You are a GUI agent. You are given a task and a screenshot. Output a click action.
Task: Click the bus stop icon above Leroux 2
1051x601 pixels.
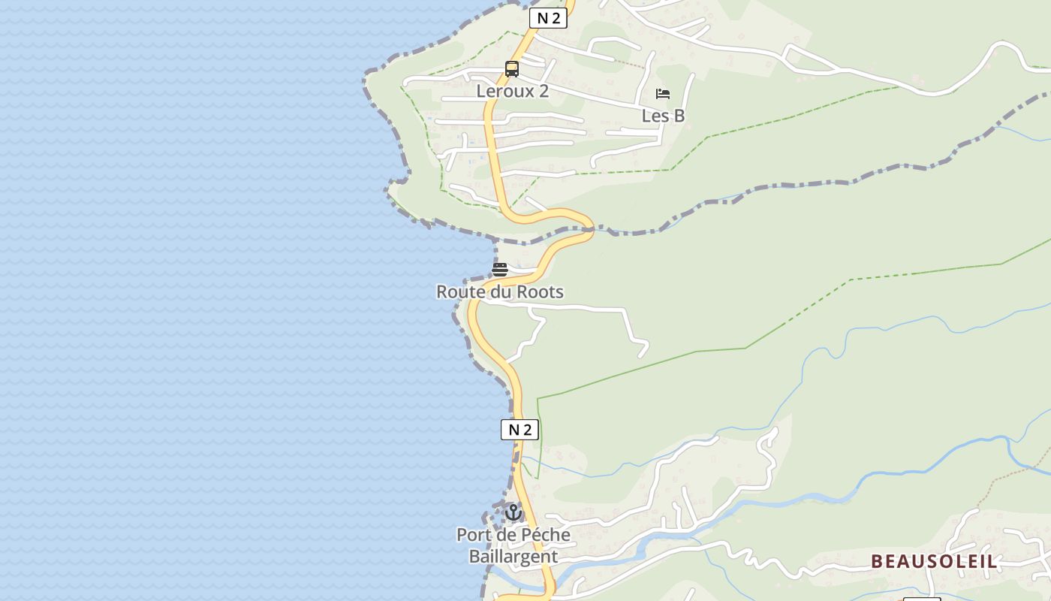click(x=512, y=69)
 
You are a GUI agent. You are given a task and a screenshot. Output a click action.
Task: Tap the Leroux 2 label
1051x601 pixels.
click(x=513, y=92)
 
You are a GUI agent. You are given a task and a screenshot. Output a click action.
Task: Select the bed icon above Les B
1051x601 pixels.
click(x=663, y=94)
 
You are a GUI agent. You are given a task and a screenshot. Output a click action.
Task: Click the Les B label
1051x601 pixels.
click(x=663, y=116)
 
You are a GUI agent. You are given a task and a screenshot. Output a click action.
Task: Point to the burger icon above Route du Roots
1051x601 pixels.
click(x=500, y=269)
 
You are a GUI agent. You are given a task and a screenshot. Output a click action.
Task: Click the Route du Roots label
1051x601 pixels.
click(x=500, y=291)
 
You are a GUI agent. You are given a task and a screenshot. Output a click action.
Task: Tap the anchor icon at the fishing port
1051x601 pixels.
click(x=513, y=512)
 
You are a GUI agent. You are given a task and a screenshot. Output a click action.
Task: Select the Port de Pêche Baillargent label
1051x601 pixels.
click(x=513, y=545)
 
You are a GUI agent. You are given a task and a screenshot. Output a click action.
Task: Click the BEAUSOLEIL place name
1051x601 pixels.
click(x=934, y=561)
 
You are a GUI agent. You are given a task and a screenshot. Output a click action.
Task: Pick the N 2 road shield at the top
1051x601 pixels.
click(x=548, y=19)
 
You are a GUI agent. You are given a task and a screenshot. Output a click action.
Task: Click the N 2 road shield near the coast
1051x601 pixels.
click(x=519, y=430)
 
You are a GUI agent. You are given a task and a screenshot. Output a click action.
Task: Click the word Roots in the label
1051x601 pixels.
click(x=540, y=291)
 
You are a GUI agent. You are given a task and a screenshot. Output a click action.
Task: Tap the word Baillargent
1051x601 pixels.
click(x=513, y=557)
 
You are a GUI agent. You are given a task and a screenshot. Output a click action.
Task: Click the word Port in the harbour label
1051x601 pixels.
click(x=471, y=535)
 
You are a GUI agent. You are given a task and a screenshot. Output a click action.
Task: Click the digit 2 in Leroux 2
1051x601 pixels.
click(x=543, y=92)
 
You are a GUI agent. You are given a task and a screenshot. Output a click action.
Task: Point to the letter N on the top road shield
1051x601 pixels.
click(x=542, y=19)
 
